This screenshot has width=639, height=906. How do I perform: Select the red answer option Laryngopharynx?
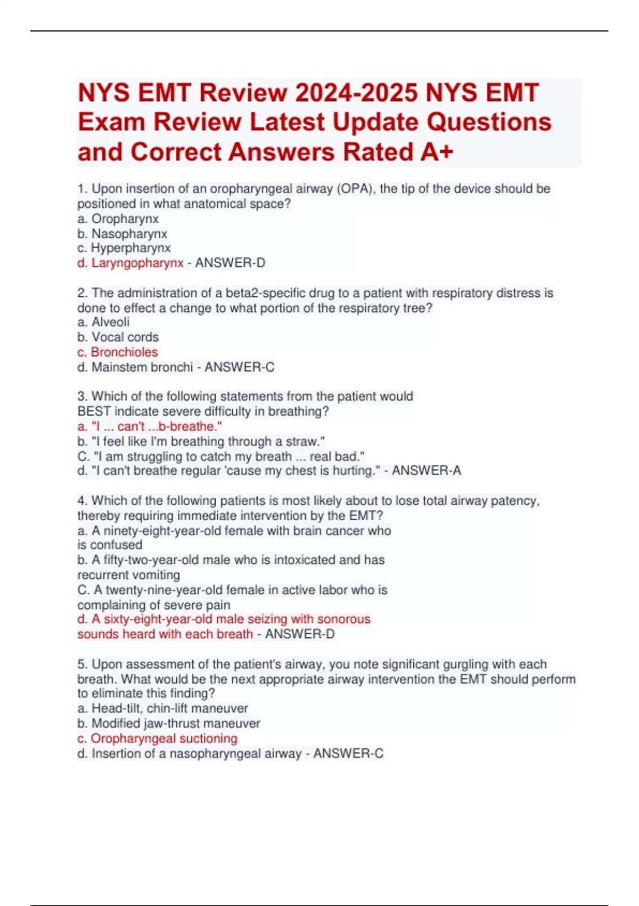pos(137,263)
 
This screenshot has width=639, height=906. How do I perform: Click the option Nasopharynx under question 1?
pos(129,233)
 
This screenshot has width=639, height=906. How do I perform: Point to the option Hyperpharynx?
pos(130,248)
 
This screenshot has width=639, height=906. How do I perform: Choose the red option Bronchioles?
pos(124,352)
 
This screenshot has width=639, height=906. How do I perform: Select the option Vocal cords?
pos(125,337)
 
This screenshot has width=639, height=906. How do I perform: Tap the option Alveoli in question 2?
pos(110,322)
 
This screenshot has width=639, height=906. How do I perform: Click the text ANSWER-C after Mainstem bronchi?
pos(240,367)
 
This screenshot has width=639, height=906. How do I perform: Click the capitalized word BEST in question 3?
pos(94,411)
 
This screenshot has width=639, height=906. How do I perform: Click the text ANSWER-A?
pos(427,471)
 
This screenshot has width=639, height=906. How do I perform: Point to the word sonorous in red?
pos(343,619)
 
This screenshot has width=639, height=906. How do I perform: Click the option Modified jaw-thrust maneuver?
pos(175,723)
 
